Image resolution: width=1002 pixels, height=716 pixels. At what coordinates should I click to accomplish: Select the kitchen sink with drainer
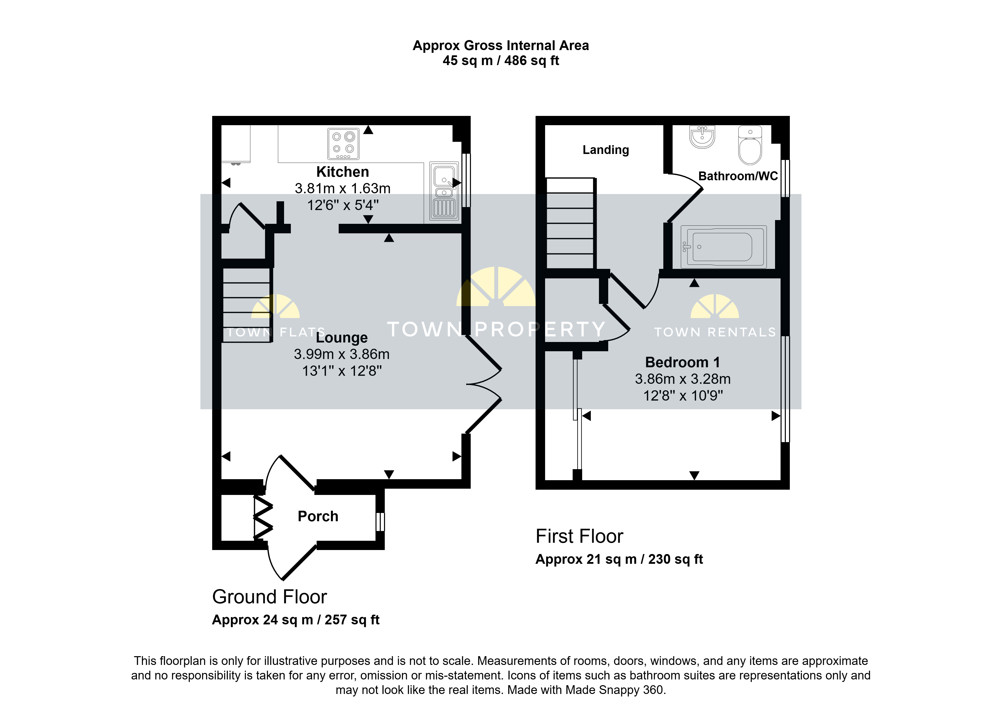(444, 191)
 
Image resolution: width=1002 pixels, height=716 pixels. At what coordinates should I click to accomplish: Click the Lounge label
(342, 338)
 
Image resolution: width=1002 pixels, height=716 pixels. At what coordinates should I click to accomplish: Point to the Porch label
(318, 516)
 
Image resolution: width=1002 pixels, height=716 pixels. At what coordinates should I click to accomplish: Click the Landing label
(605, 150)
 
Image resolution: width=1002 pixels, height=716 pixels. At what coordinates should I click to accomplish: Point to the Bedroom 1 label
(682, 363)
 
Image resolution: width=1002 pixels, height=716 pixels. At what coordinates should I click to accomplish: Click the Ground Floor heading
(270, 597)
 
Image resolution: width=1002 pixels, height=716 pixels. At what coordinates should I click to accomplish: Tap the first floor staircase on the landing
(570, 223)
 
